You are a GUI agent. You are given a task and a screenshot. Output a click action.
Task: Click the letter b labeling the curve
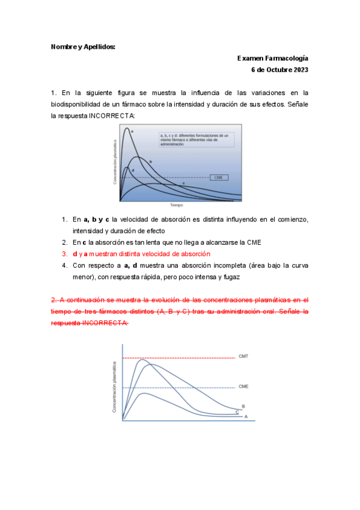pos(150,162)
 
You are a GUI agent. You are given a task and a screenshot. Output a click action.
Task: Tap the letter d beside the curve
pos(133,170)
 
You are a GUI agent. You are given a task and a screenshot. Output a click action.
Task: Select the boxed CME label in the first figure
pos(219,177)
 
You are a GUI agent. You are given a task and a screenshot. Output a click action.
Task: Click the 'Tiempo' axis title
pos(175,205)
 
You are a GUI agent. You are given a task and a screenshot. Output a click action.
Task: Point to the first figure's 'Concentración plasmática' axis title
pos(114,162)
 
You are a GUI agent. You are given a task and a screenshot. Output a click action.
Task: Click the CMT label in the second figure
pos(243,357)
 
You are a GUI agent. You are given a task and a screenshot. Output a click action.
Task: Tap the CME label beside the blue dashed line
pos(243,386)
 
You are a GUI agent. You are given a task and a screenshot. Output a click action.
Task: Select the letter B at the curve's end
pos(243,406)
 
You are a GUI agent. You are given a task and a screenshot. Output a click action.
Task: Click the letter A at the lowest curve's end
pos(245,416)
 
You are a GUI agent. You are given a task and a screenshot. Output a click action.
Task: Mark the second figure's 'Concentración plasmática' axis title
pos(115,388)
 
